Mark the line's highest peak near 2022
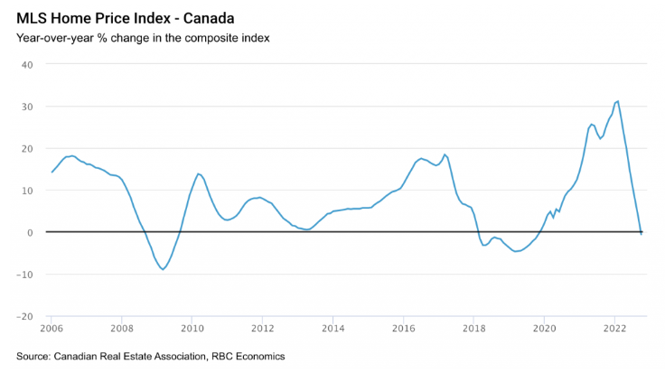tap(617, 100)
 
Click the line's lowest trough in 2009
tap(164, 269)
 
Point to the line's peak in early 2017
tap(445, 154)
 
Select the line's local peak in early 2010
tap(198, 173)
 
